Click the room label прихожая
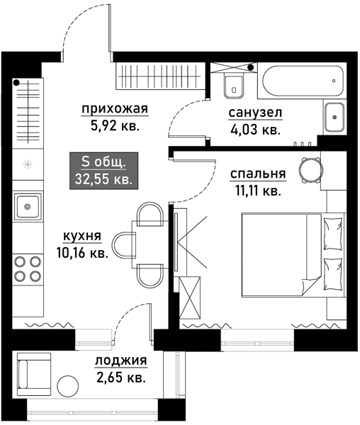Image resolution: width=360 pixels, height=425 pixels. click(x=114, y=108)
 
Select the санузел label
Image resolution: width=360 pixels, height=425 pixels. click(x=255, y=113)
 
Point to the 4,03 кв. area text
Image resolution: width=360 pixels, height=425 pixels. click(x=255, y=130)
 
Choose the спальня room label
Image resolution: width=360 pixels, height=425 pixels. click(x=257, y=173)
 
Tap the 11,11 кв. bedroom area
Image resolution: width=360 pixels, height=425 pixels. click(x=257, y=191)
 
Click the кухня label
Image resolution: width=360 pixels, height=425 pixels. click(x=83, y=237)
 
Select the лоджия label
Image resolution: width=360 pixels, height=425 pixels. click(x=120, y=361)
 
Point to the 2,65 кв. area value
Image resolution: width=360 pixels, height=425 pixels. click(x=120, y=378)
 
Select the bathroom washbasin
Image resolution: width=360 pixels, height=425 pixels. click(x=334, y=115)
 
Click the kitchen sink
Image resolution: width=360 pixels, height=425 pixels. click(x=28, y=208)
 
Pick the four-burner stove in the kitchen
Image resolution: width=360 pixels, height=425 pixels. click(x=28, y=268)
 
